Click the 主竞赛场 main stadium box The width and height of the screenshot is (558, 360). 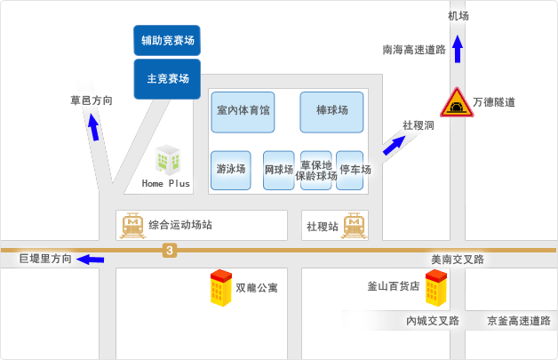coord(167,79)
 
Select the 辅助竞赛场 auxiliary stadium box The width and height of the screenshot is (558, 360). coord(167,40)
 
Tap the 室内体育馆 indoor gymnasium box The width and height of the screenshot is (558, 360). coord(243,112)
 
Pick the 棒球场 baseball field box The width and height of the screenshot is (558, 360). coord(331,112)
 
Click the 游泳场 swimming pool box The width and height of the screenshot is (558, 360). coord(231,170)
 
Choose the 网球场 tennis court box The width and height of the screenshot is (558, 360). coord(279,170)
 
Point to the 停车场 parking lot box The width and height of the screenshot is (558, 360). coord(350,170)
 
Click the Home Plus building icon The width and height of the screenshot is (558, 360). coord(168,159)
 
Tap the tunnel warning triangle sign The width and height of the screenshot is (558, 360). coord(457,102)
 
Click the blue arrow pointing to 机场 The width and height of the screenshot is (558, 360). coord(458,49)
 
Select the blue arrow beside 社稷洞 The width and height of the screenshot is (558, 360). coord(394,145)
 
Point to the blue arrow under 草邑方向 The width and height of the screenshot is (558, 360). coord(93,127)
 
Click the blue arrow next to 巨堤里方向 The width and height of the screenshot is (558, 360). coord(91,260)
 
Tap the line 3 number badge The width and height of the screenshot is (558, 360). coord(170,251)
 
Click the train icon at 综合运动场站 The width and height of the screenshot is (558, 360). coord(132,226)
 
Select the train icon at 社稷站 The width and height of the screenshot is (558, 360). coord(354,226)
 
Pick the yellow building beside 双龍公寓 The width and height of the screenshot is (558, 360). coord(221,288)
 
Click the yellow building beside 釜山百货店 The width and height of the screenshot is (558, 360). coord(436,288)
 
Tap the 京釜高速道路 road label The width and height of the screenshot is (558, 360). coord(519,321)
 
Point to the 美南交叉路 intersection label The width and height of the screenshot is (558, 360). coord(458,260)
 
